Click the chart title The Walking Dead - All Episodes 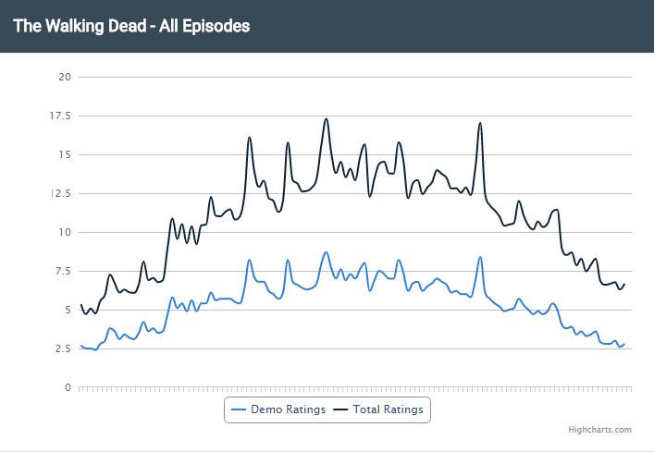click(x=131, y=26)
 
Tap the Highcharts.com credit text click(x=600, y=430)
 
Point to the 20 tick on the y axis click(x=64, y=77)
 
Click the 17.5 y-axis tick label click(x=61, y=116)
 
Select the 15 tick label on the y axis click(x=65, y=154)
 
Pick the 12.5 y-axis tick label click(x=61, y=193)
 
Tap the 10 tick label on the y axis click(x=65, y=232)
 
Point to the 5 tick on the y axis click(x=68, y=310)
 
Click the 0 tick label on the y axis click(x=68, y=387)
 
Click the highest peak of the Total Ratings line click(x=326, y=119)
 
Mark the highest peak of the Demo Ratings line click(x=326, y=252)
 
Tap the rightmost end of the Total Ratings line click(x=624, y=284)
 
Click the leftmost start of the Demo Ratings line click(x=81, y=346)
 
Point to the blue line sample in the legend click(x=238, y=409)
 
